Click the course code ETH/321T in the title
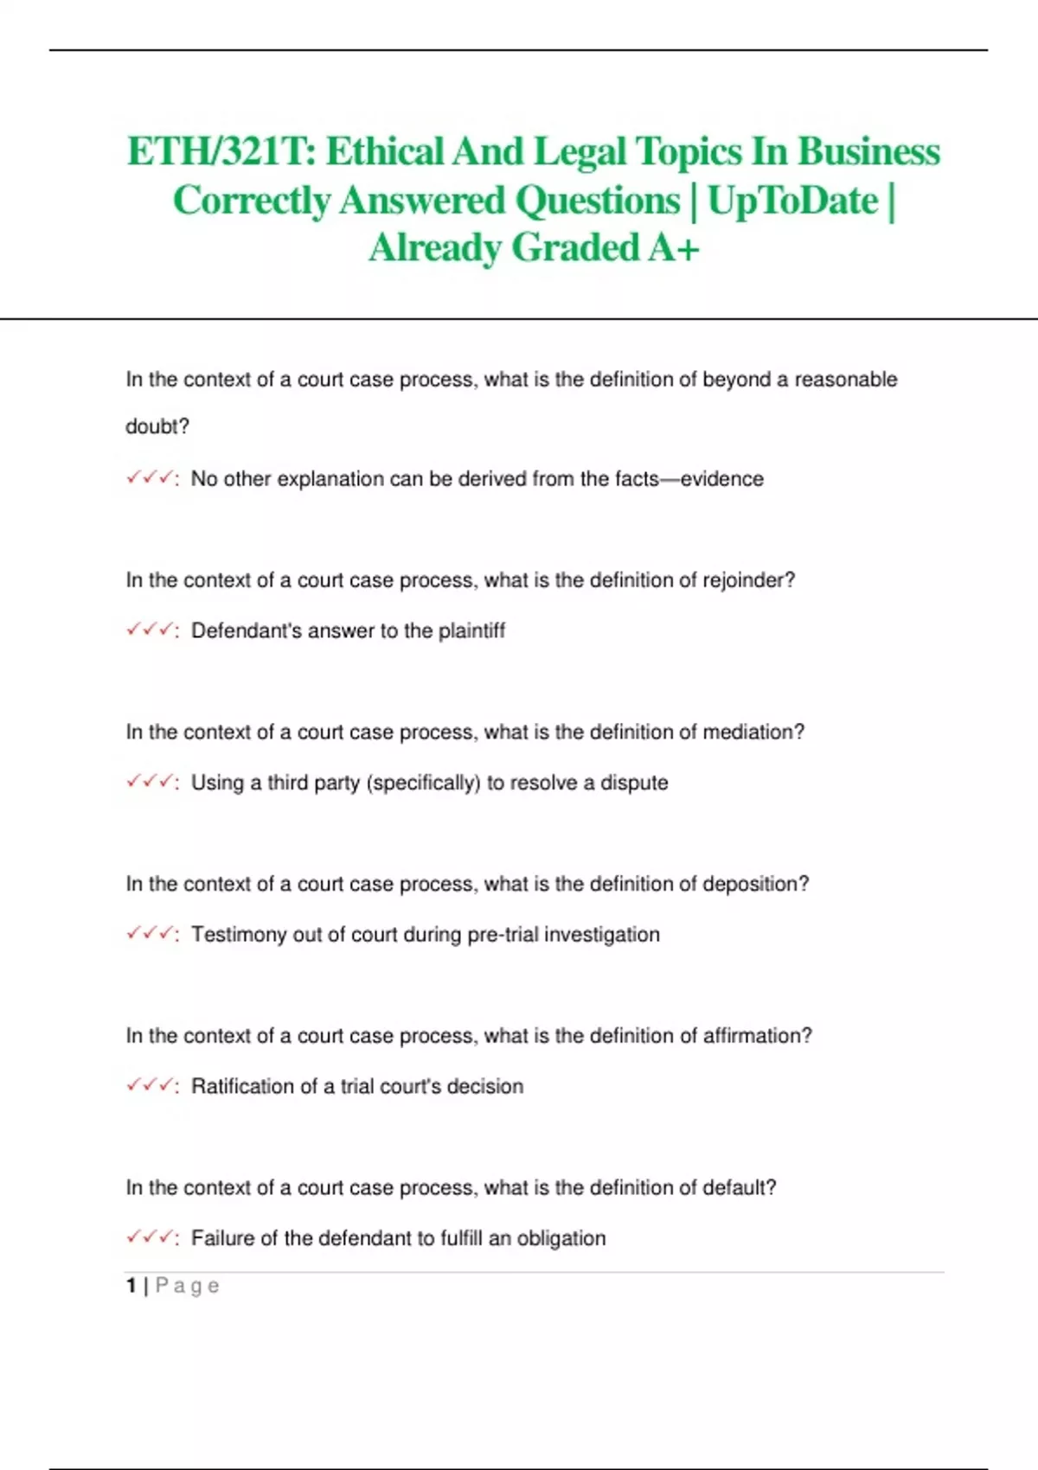click(221, 152)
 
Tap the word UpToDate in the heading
click(792, 201)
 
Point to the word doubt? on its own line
click(157, 426)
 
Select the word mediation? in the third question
click(753, 732)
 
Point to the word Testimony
click(238, 935)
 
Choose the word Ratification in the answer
click(242, 1086)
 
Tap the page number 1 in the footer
click(131, 1286)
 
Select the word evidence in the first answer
click(721, 479)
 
